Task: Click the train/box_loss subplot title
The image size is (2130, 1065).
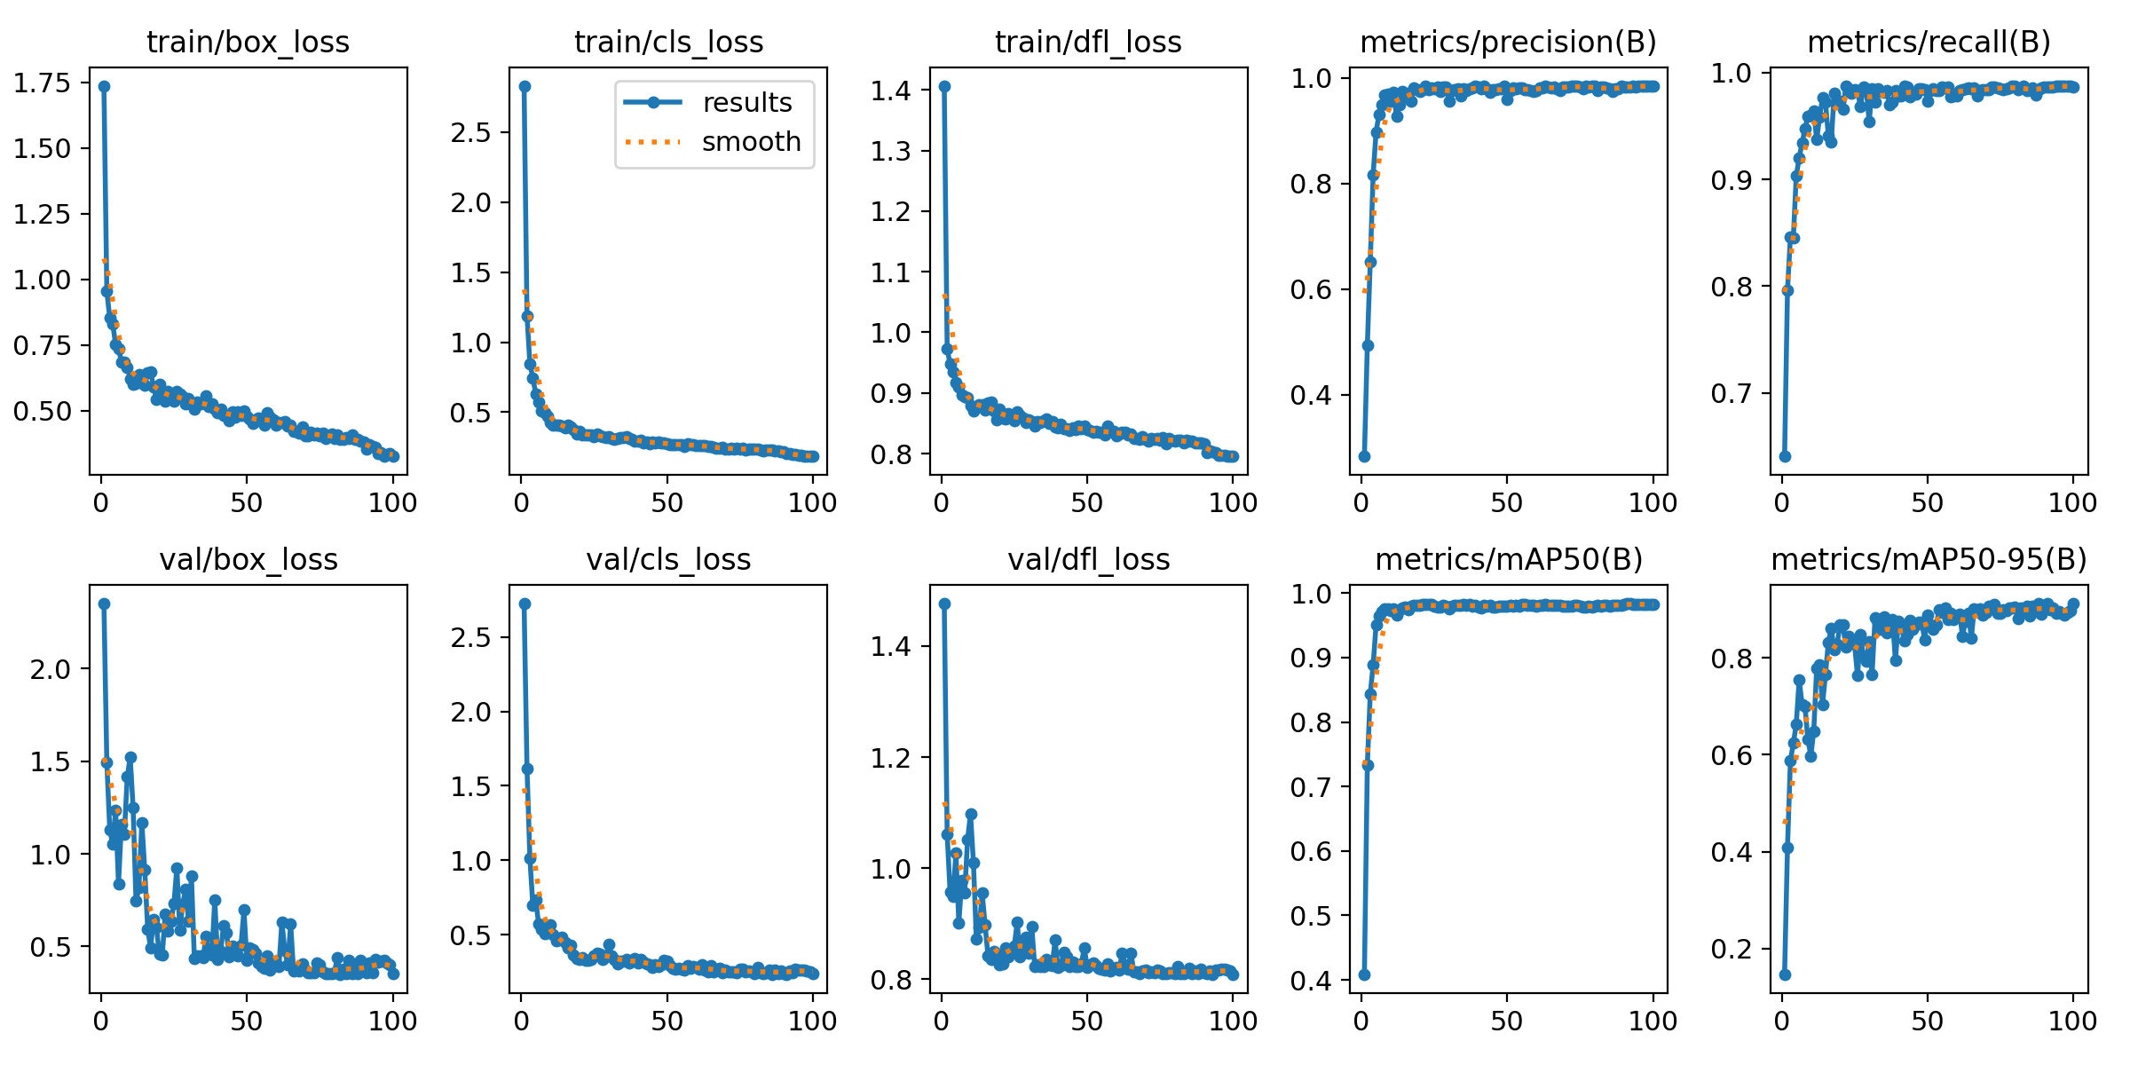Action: point(248,42)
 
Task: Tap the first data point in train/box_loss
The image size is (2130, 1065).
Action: point(104,86)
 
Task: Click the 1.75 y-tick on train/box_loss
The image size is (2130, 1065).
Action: point(42,83)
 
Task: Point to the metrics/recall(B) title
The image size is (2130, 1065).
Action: point(1929,42)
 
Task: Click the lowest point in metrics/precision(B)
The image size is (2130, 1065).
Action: point(1365,456)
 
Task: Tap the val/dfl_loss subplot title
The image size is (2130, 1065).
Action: point(1088,559)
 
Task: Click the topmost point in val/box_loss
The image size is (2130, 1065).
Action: point(104,603)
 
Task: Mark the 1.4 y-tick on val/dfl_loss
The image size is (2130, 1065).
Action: point(890,646)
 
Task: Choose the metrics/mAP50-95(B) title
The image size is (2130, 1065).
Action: point(1929,559)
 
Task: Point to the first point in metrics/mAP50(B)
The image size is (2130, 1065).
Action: point(1365,974)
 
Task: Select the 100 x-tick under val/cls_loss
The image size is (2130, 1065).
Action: point(812,1021)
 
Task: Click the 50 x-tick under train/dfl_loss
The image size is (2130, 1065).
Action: point(1086,503)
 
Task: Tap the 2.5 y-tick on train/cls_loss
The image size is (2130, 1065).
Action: point(470,132)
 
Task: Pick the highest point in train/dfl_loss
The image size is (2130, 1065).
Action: point(944,86)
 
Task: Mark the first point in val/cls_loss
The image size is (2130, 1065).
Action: point(525,603)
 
